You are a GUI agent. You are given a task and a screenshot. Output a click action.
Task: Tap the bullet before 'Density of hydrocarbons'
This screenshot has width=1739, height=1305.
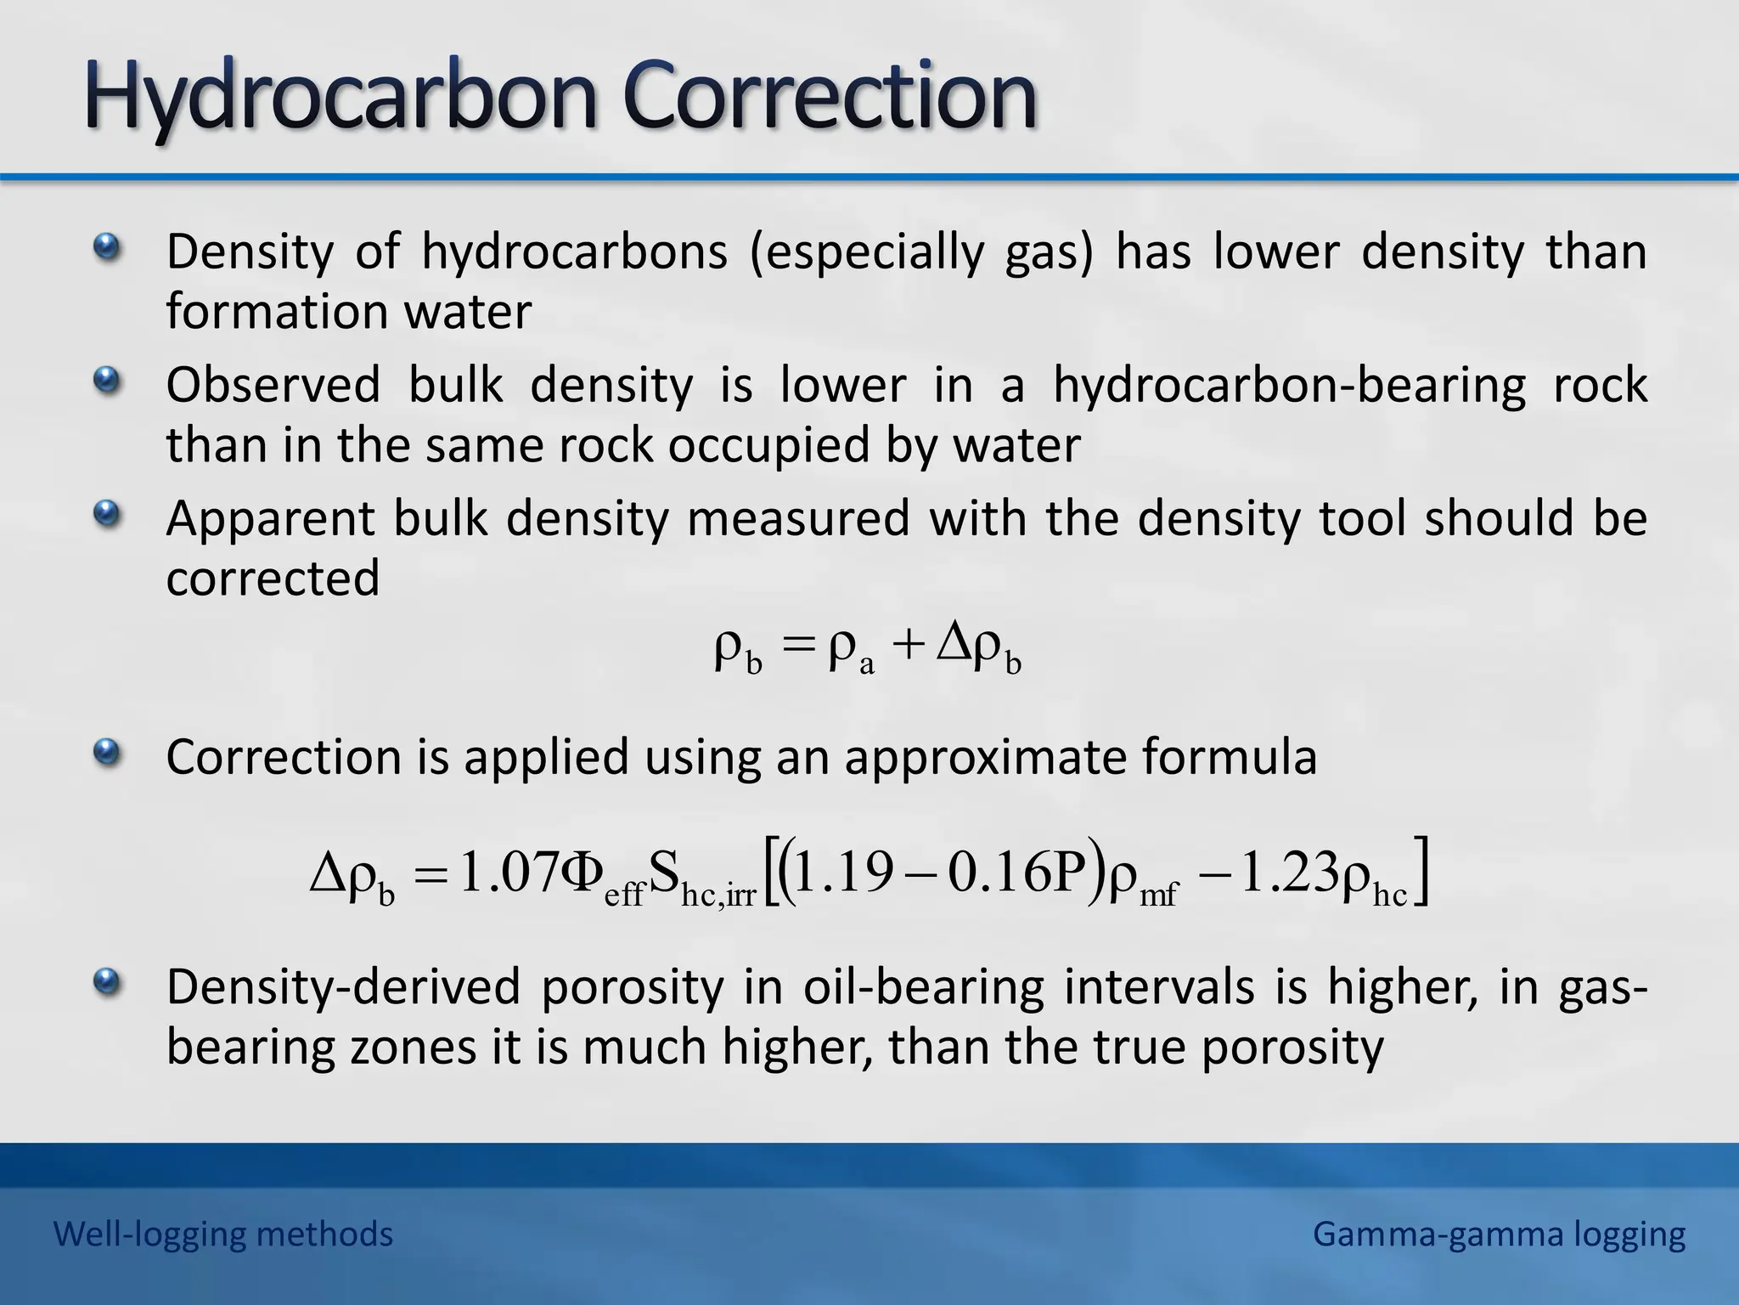pyautogui.click(x=106, y=247)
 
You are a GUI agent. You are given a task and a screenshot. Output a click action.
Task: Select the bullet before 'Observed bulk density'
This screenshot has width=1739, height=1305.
pyautogui.click(x=106, y=380)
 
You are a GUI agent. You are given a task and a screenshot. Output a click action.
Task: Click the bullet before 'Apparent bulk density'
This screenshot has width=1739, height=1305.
pyautogui.click(x=106, y=513)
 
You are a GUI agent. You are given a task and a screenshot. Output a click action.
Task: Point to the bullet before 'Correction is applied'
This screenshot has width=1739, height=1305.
pyautogui.click(x=106, y=752)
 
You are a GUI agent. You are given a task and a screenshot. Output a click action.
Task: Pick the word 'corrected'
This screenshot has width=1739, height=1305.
pyautogui.click(x=273, y=579)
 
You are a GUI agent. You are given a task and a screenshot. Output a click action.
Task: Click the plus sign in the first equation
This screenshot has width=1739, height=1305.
pyautogui.click(x=908, y=646)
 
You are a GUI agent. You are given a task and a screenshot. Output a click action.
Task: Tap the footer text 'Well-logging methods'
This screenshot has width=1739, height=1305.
pyautogui.click(x=223, y=1234)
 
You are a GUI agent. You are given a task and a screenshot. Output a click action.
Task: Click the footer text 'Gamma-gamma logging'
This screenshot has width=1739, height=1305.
pyautogui.click(x=1499, y=1234)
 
